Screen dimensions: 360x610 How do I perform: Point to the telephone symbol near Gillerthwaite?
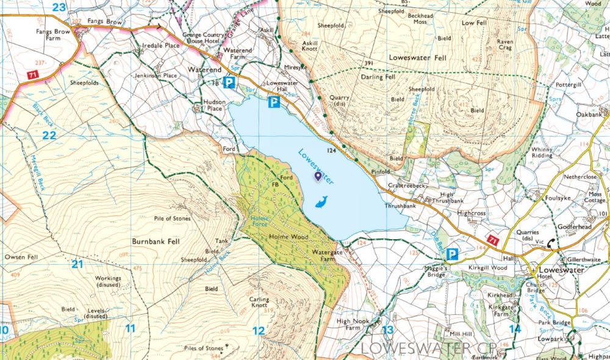(x=551, y=242)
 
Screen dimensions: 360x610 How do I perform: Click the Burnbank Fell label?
(x=154, y=242)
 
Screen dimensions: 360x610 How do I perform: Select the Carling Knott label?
(x=259, y=303)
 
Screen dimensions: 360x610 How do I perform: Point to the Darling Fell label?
(x=379, y=77)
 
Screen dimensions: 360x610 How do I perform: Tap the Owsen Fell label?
(x=21, y=257)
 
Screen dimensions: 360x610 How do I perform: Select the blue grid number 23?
(x=59, y=7)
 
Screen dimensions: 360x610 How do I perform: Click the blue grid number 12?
(x=259, y=331)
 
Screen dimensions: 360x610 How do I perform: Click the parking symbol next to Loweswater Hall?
(x=274, y=103)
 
